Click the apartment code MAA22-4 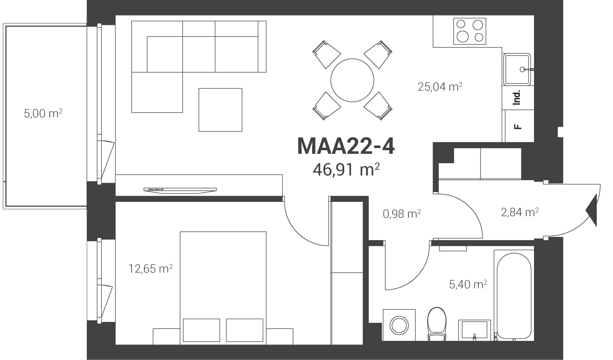click(x=346, y=147)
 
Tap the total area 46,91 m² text click(x=346, y=169)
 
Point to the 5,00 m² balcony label click(x=43, y=113)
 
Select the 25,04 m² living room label click(x=440, y=87)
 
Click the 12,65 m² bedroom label click(x=150, y=269)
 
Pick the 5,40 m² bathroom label click(x=468, y=284)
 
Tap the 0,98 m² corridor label click(x=402, y=214)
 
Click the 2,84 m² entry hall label click(x=520, y=212)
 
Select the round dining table click(x=352, y=80)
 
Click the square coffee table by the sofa click(x=220, y=110)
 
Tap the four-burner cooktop click(x=470, y=31)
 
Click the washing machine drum click(x=399, y=325)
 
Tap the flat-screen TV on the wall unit click(x=180, y=190)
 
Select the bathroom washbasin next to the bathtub click(x=474, y=330)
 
